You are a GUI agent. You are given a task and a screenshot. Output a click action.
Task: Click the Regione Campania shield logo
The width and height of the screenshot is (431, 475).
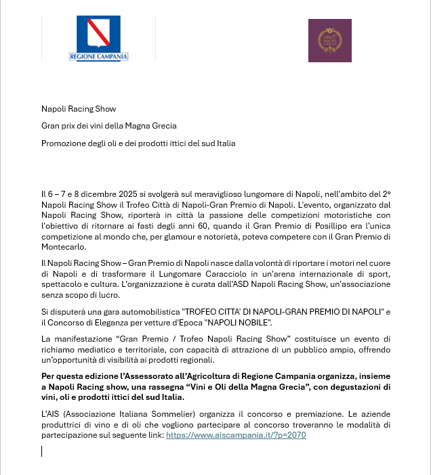click(98, 34)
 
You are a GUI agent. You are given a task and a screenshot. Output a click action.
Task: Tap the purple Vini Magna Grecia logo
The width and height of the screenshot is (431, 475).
click(329, 41)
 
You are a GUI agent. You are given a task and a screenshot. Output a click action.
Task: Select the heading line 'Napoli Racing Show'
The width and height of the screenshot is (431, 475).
click(79, 108)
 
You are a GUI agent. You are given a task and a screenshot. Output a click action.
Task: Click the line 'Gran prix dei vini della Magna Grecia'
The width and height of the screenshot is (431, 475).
click(108, 126)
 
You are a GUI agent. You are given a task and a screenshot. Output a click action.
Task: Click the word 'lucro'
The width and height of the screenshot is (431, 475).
click(109, 295)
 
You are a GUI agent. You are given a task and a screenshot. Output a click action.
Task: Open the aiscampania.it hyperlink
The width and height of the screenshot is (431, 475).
click(236, 435)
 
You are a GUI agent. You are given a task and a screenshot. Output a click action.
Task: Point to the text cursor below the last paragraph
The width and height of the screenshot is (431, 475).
click(42, 451)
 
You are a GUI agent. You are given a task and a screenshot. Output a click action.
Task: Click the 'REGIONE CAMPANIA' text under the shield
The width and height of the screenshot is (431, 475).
click(98, 57)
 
